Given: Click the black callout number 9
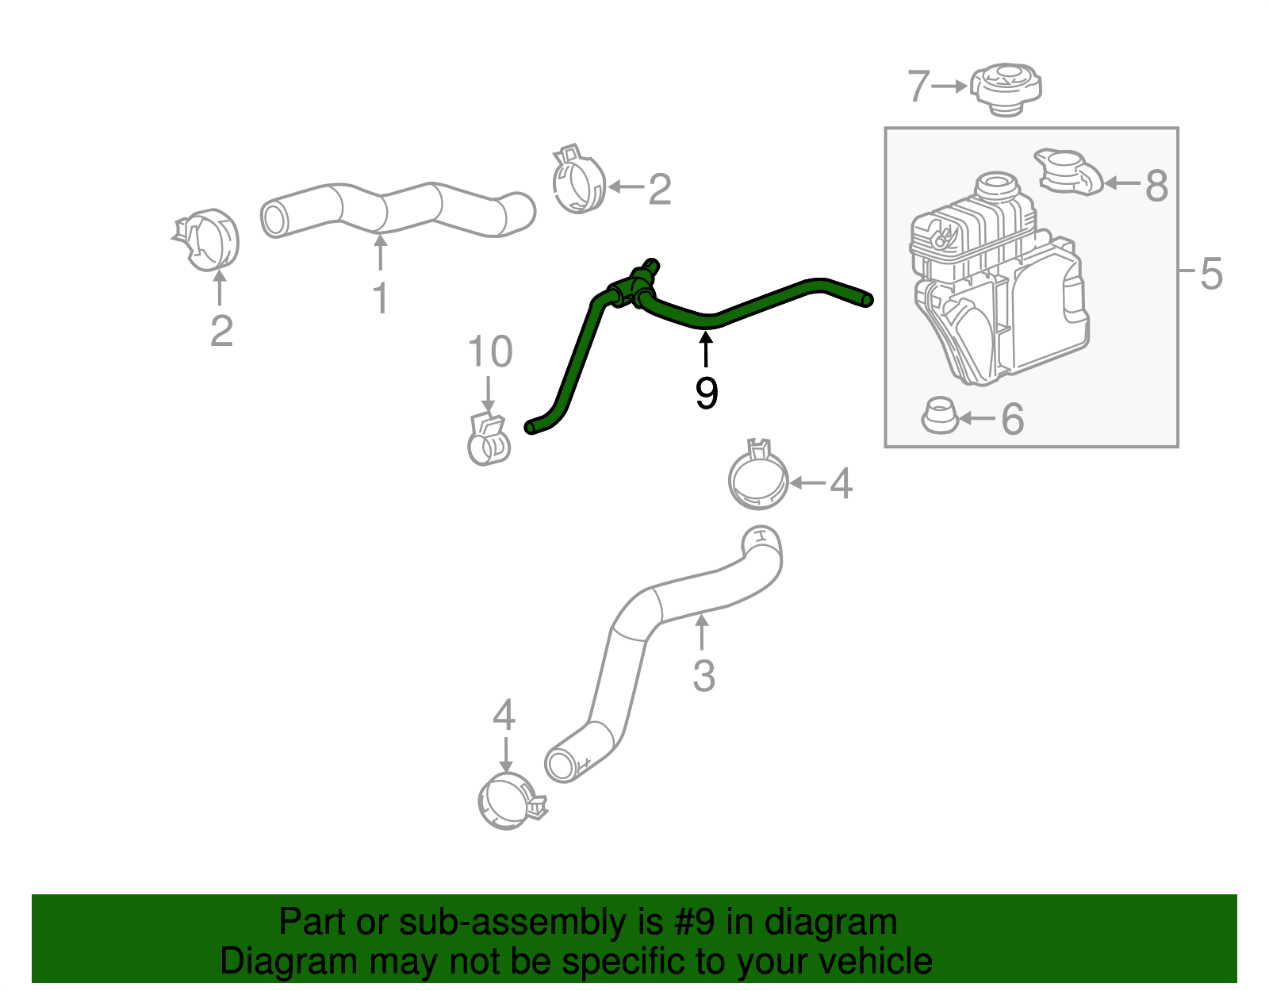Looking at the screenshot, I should click(x=706, y=394).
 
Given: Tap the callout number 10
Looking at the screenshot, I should click(x=489, y=351).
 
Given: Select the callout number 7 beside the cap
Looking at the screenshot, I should click(x=918, y=86).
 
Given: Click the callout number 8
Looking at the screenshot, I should click(x=1156, y=186).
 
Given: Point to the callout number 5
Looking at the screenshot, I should click(x=1211, y=274).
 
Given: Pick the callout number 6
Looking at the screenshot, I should click(x=1012, y=419).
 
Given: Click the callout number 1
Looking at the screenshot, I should click(x=381, y=299).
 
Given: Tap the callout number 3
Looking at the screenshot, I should click(x=704, y=676).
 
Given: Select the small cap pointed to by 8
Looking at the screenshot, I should click(x=1068, y=171).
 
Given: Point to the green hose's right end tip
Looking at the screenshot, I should click(x=867, y=300).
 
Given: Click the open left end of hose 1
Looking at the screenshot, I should click(x=274, y=218).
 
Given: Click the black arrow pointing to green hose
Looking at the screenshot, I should click(x=705, y=350).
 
